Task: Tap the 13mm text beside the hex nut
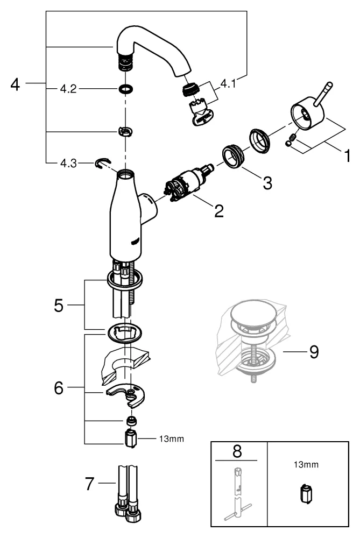tap(171, 438)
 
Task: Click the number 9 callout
tap(313, 352)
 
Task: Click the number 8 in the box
tap(236, 451)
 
